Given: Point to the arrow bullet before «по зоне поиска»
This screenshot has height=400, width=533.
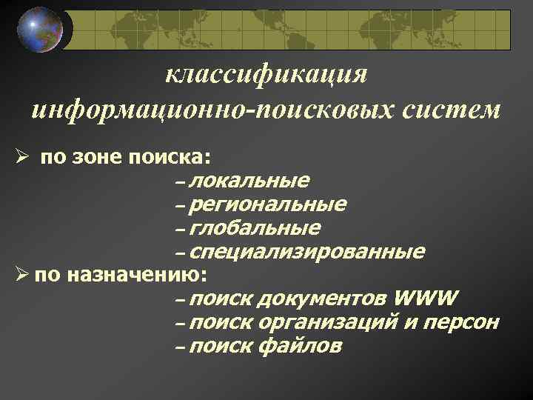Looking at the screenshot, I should (23, 158).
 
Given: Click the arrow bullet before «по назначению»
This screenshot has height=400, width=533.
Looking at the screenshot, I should (23, 275).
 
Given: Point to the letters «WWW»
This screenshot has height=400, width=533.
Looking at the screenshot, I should (427, 298).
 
